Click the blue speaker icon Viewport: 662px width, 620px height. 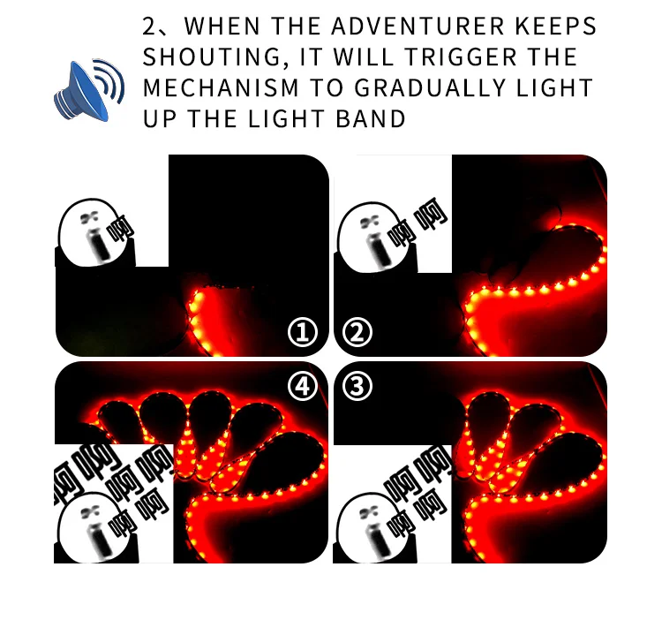[x=88, y=90]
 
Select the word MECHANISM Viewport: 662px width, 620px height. [x=220, y=88]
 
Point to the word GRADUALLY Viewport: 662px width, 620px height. [x=427, y=88]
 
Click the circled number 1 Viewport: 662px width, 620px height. [x=303, y=332]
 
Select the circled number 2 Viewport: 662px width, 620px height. [x=357, y=332]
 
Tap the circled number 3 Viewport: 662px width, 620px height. [x=357, y=386]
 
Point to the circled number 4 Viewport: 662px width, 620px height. [x=303, y=386]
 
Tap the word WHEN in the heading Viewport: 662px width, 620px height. [x=217, y=26]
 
